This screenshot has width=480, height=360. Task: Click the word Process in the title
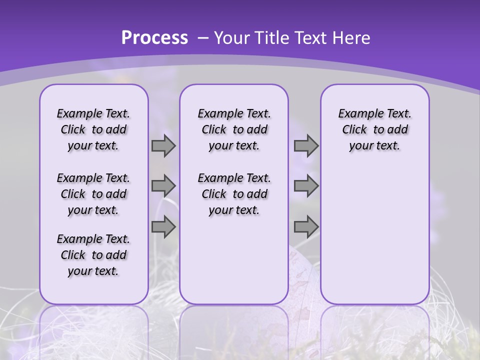154,38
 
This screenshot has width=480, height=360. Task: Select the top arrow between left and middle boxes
163,146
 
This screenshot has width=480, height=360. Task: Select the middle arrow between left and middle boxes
163,186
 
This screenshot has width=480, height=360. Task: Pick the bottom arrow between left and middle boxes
163,226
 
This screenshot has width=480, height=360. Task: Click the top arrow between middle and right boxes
306,146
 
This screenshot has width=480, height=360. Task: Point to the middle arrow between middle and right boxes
306,186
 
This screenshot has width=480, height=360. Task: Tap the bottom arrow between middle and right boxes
306,226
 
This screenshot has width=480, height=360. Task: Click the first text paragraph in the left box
93,129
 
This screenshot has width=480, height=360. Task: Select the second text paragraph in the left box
93,194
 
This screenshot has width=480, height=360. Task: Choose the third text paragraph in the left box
93,255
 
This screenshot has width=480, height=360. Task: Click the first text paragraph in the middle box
234,129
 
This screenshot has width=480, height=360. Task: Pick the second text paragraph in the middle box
234,194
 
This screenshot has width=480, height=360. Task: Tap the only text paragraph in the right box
374,129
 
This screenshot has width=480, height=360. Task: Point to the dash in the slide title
203,38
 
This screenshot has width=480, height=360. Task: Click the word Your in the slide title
231,38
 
